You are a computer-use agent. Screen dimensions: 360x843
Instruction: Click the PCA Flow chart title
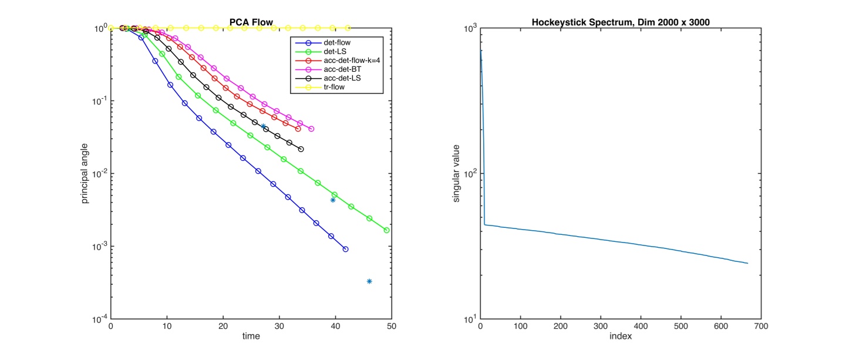click(x=251, y=23)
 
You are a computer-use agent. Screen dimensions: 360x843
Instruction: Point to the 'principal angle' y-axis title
click(x=85, y=173)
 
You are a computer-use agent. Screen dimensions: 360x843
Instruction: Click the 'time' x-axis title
click(x=251, y=337)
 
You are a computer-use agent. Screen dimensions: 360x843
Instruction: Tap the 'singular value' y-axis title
click(x=456, y=173)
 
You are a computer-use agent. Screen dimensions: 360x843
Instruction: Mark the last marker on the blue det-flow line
click(x=345, y=249)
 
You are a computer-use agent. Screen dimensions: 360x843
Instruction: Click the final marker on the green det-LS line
click(x=386, y=230)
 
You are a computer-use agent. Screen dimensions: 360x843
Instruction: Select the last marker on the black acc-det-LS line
click(x=301, y=149)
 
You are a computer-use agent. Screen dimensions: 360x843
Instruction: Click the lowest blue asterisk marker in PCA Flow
click(x=369, y=281)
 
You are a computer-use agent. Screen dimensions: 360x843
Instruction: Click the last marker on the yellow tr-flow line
click(x=348, y=28)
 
